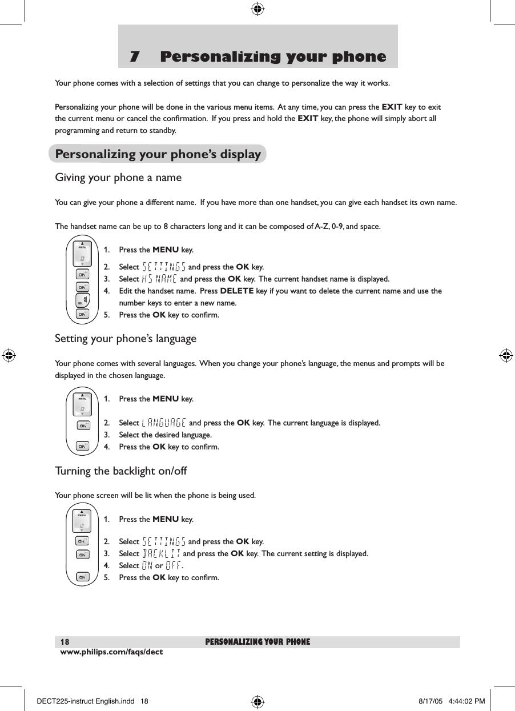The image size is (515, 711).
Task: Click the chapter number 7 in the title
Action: (x=135, y=57)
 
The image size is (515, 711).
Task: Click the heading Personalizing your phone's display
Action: (x=158, y=154)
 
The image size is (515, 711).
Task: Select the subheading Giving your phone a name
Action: (x=118, y=178)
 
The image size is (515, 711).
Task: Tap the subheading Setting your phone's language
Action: (x=126, y=339)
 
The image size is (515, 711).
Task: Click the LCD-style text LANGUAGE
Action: (x=163, y=423)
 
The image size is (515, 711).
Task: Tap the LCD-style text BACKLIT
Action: (x=162, y=553)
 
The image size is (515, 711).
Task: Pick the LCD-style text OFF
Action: (x=174, y=565)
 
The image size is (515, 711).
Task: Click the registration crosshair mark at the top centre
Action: (x=257, y=9)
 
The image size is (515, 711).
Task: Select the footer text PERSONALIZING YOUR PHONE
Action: (x=257, y=642)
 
